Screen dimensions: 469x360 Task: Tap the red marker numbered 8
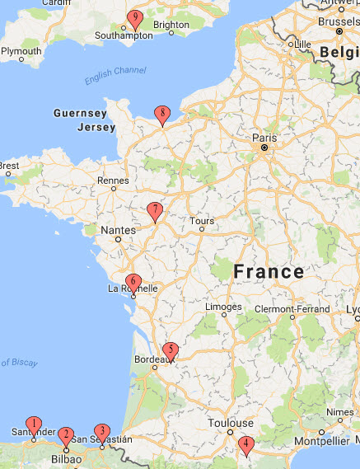[x=163, y=114]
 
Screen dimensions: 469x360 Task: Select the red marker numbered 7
[x=154, y=211]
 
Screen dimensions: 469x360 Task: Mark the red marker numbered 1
[x=33, y=426]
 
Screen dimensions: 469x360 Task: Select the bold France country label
[x=269, y=271]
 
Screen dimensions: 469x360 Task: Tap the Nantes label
[x=118, y=230]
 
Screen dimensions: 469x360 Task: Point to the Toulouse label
[x=230, y=423]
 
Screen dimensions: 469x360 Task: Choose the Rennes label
[x=113, y=181]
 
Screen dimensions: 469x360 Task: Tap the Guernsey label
[x=80, y=113]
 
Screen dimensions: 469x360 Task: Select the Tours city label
[x=201, y=221]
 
